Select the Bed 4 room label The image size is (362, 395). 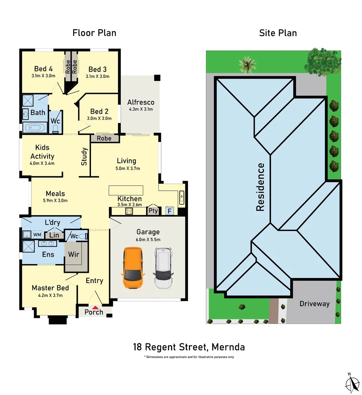tap(44, 69)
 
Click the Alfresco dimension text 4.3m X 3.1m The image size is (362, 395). tap(141, 109)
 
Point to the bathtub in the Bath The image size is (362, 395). tap(34, 128)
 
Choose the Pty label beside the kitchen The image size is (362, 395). tap(153, 211)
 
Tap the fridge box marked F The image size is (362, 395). tap(169, 211)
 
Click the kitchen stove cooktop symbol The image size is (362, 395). tap(129, 211)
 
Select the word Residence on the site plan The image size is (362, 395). tap(260, 187)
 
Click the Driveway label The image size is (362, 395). tap(314, 304)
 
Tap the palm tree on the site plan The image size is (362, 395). tap(248, 64)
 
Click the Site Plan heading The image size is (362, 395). tap(278, 33)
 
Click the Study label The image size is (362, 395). tap(84, 157)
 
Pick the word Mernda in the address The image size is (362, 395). tap(227, 346)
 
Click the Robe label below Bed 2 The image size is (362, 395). tap(104, 139)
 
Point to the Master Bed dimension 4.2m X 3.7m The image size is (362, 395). tap(50, 296)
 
